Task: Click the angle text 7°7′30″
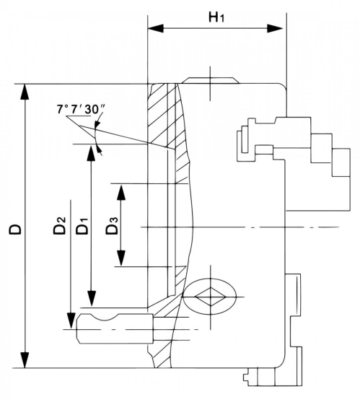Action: point(81,110)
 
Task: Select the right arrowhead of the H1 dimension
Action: point(279,29)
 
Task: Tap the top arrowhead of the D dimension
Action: point(26,91)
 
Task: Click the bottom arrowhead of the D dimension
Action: point(26,360)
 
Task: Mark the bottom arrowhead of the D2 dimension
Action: point(71,321)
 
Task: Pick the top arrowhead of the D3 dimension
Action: point(121,189)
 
